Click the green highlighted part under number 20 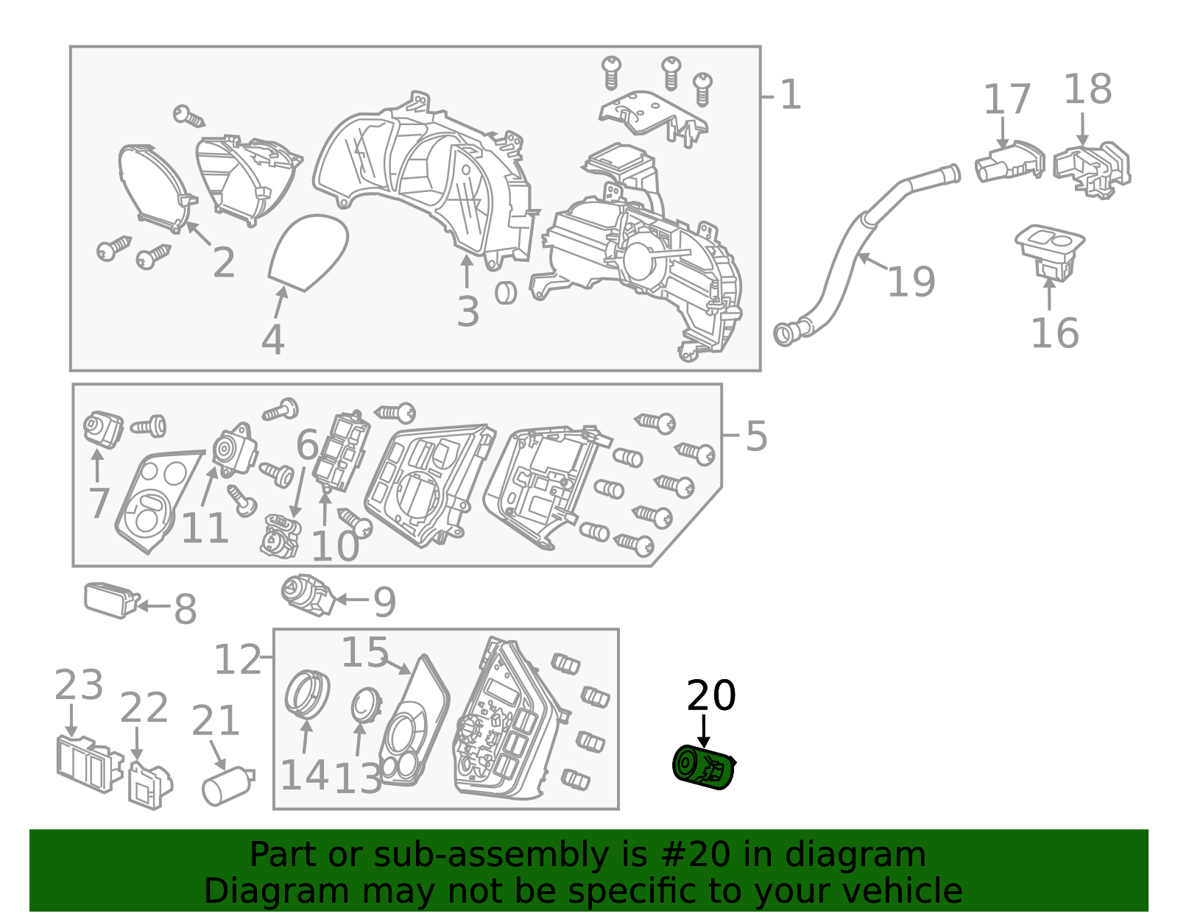(x=704, y=767)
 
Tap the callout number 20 (x=710, y=695)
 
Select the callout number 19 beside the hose (x=911, y=282)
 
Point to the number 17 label (x=1006, y=99)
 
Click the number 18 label (x=1088, y=89)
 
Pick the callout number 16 (x=1054, y=333)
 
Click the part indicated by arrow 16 (x=1049, y=252)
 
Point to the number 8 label (x=185, y=608)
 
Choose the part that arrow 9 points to (x=307, y=595)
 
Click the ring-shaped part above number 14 (x=307, y=695)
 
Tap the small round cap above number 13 (x=367, y=706)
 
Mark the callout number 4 (x=272, y=340)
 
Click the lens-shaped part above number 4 (x=308, y=252)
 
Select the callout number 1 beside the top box (x=790, y=95)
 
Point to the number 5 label (x=756, y=436)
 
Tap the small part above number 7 (x=103, y=430)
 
